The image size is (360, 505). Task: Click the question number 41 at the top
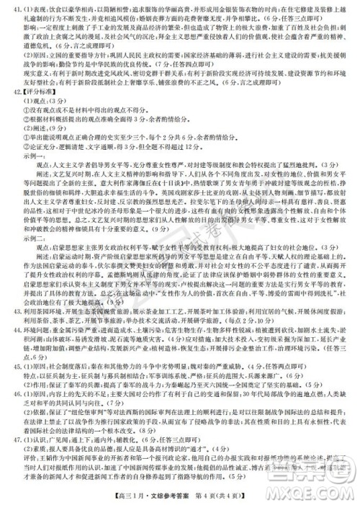tap(9, 12)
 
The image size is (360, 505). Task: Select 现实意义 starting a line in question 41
tap(30, 72)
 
